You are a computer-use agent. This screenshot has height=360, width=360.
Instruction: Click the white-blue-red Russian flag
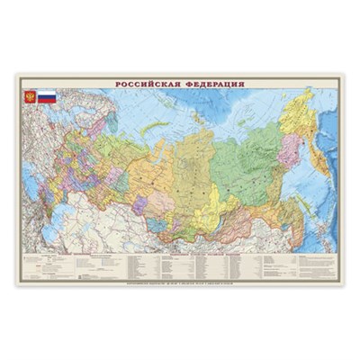click(x=46, y=95)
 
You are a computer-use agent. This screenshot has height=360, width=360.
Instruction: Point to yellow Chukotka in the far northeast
click(x=302, y=103)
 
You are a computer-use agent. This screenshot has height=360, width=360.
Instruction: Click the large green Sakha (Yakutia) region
click(x=247, y=157)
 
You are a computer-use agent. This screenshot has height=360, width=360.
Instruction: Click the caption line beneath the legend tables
click(x=180, y=282)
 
